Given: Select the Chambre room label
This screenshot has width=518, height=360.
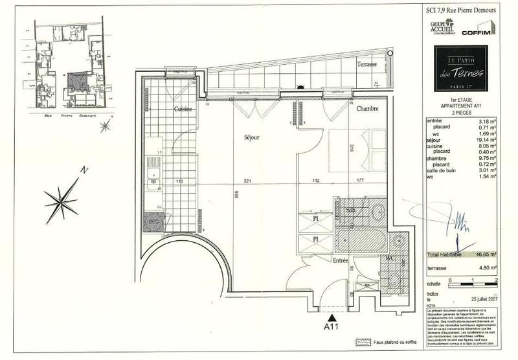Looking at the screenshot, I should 366,109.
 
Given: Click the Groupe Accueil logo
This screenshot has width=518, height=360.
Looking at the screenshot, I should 442,29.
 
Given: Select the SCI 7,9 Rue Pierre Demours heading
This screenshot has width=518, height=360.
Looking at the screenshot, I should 460,8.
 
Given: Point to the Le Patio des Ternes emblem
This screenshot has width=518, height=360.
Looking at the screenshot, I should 460,67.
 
